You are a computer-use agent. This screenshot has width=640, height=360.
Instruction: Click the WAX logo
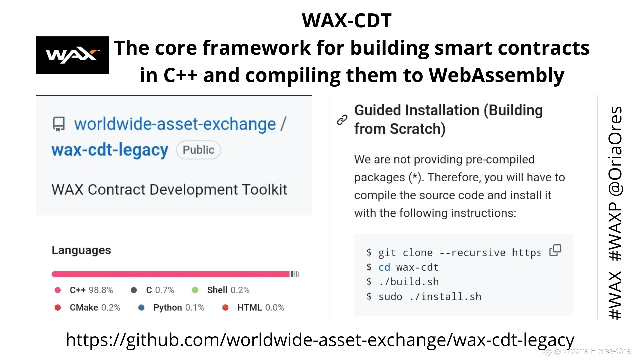(x=73, y=55)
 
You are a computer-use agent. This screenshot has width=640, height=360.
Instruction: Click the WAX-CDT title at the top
(x=347, y=20)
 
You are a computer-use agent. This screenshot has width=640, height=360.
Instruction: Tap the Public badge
(x=198, y=150)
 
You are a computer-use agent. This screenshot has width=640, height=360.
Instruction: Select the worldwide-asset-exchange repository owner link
(x=175, y=124)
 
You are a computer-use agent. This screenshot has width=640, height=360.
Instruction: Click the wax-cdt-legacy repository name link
(x=110, y=150)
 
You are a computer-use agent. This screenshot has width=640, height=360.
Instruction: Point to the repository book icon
(x=59, y=124)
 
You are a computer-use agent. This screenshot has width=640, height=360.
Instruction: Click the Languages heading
(x=81, y=250)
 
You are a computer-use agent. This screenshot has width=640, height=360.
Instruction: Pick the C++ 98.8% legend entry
(x=84, y=290)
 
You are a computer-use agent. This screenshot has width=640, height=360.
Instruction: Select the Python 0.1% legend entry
(x=171, y=307)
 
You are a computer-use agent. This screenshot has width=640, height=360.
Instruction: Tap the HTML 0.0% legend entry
(x=253, y=307)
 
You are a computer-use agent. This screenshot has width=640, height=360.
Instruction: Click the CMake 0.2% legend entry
(x=87, y=307)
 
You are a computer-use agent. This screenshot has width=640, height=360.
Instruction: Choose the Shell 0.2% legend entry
(x=221, y=290)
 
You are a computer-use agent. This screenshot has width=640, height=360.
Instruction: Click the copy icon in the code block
(x=555, y=250)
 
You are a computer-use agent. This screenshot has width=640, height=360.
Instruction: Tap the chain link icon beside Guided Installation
(x=342, y=120)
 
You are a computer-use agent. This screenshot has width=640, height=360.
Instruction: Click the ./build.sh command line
(x=403, y=282)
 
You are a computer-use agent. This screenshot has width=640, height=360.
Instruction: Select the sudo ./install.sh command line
(x=424, y=297)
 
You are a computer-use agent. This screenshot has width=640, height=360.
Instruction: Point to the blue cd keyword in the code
(x=384, y=267)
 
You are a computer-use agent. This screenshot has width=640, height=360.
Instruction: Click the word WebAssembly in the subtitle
(x=496, y=75)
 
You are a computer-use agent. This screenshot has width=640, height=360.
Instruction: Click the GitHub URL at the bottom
(x=320, y=340)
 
